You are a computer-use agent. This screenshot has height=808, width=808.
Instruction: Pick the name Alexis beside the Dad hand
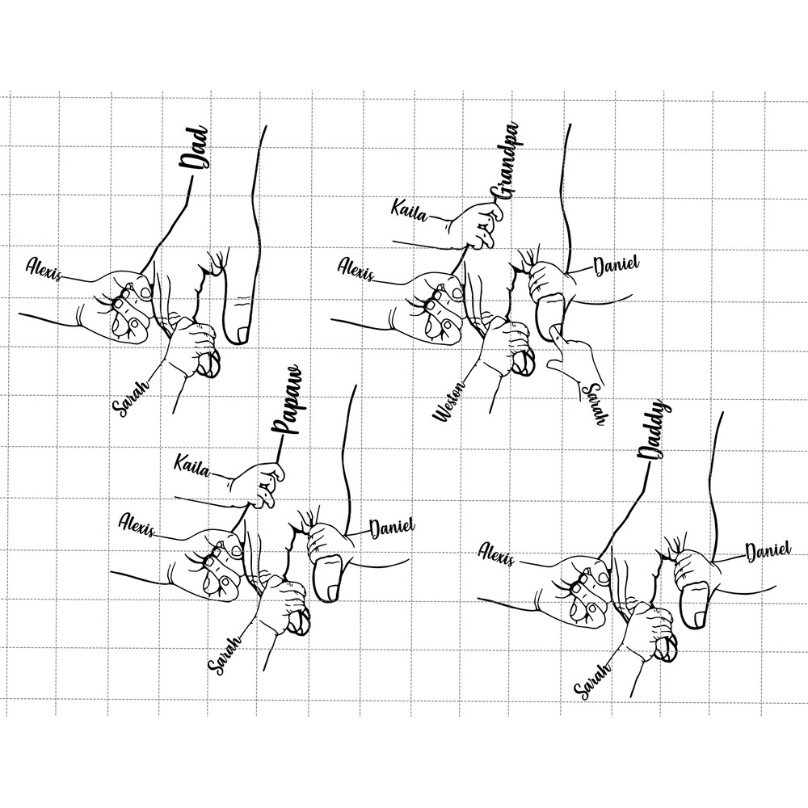(x=44, y=268)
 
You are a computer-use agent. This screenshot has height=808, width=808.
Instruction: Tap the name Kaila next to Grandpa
(x=410, y=210)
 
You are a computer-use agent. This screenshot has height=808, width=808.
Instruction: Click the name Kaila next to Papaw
(x=191, y=465)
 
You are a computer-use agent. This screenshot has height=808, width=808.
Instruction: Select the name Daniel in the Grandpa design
(x=617, y=265)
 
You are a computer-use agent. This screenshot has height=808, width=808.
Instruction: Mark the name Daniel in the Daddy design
(x=768, y=552)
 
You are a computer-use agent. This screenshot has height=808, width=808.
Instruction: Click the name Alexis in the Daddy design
(x=496, y=553)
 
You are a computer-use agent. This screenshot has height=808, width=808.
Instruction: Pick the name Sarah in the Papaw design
(x=225, y=655)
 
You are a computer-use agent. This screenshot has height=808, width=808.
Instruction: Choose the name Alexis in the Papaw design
(x=137, y=524)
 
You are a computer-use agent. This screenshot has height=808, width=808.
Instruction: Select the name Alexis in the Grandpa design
(x=356, y=270)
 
